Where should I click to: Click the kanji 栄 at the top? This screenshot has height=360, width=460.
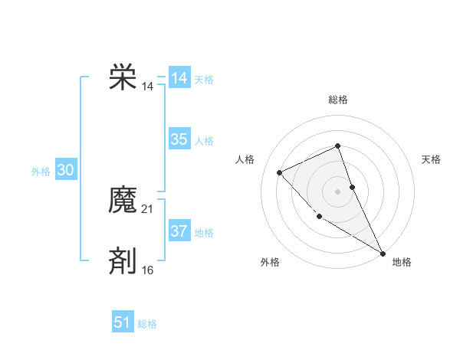click(x=123, y=78)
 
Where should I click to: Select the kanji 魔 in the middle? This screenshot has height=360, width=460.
click(x=123, y=201)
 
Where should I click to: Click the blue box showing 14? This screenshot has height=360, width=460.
click(x=179, y=78)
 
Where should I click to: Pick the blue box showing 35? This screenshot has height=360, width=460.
click(x=179, y=139)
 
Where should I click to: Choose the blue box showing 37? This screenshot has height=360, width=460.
click(x=179, y=231)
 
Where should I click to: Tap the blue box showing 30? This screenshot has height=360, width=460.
click(x=65, y=171)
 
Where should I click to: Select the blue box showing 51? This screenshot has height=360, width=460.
click(x=123, y=322)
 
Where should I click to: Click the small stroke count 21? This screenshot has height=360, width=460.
click(x=148, y=209)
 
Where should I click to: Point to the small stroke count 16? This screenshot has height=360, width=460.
click(x=148, y=270)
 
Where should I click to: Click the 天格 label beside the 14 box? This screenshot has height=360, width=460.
click(x=204, y=80)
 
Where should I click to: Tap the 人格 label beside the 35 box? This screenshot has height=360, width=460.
click(x=204, y=141)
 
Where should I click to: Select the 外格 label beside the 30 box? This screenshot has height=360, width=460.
click(x=41, y=172)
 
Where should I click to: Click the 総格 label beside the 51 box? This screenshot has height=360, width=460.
click(x=147, y=324)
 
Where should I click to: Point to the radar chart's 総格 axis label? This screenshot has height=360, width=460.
click(x=338, y=100)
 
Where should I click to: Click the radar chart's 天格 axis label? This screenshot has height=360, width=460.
click(x=431, y=159)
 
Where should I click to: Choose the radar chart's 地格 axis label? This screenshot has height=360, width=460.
click(x=402, y=262)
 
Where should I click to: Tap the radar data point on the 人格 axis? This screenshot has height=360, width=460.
click(x=280, y=172)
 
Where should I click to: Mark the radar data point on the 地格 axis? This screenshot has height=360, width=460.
click(x=383, y=253)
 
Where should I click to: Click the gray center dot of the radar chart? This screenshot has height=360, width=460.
click(x=337, y=191)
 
